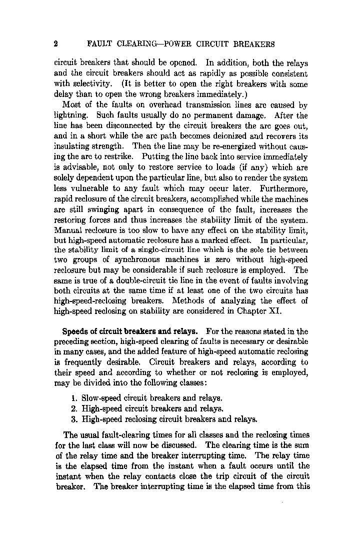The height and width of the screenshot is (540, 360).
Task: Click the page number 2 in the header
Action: [56, 44]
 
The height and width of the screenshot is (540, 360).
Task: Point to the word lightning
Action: [71, 115]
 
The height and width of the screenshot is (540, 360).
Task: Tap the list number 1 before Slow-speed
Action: [73, 398]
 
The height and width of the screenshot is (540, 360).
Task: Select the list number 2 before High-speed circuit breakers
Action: [73, 408]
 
